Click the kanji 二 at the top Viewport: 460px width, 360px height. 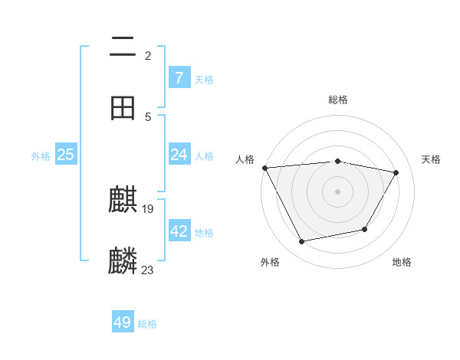tap(123, 47)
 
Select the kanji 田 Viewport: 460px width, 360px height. tap(123, 108)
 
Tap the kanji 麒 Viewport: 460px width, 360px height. tap(123, 201)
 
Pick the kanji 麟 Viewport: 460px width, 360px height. tap(123, 261)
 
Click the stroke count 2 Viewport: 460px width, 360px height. tap(147, 55)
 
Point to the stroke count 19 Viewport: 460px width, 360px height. tap(149, 209)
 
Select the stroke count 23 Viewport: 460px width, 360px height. tap(148, 270)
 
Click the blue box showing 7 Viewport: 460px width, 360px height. tap(179, 78)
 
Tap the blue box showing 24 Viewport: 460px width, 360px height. tap(179, 155)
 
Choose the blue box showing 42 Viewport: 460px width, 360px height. tap(179, 231)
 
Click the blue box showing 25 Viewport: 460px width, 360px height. tap(66, 155)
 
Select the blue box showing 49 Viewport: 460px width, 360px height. tap(123, 322)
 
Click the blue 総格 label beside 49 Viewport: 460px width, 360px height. tap(148, 324)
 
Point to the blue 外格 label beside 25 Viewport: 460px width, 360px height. tap(41, 156)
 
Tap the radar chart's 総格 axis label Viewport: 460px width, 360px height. tap(337, 100)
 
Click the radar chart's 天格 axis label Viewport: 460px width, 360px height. tap(431, 159)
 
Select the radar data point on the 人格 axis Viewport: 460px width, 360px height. tap(264, 168)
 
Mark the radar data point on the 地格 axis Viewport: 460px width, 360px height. tap(365, 229)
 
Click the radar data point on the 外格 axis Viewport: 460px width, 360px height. tap(302, 241)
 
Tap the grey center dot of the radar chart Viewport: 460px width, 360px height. tap(337, 191)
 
